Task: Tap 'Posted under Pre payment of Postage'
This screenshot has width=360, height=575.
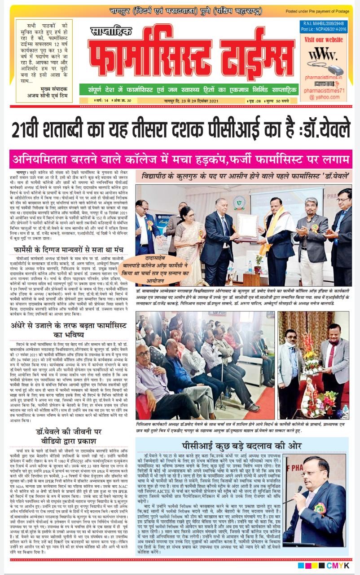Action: (323, 11)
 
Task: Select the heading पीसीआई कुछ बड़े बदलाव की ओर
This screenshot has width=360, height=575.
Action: (232, 432)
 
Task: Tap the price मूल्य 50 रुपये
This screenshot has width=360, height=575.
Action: (283, 101)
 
